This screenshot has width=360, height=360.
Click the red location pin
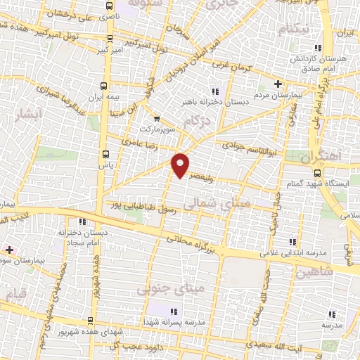click(181, 163)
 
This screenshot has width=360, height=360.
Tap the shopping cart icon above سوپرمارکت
click(157, 118)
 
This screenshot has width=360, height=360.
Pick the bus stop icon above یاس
click(105, 154)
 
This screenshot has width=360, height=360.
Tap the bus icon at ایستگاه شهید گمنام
click(317, 172)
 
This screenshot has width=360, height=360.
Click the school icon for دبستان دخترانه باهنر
click(215, 91)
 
